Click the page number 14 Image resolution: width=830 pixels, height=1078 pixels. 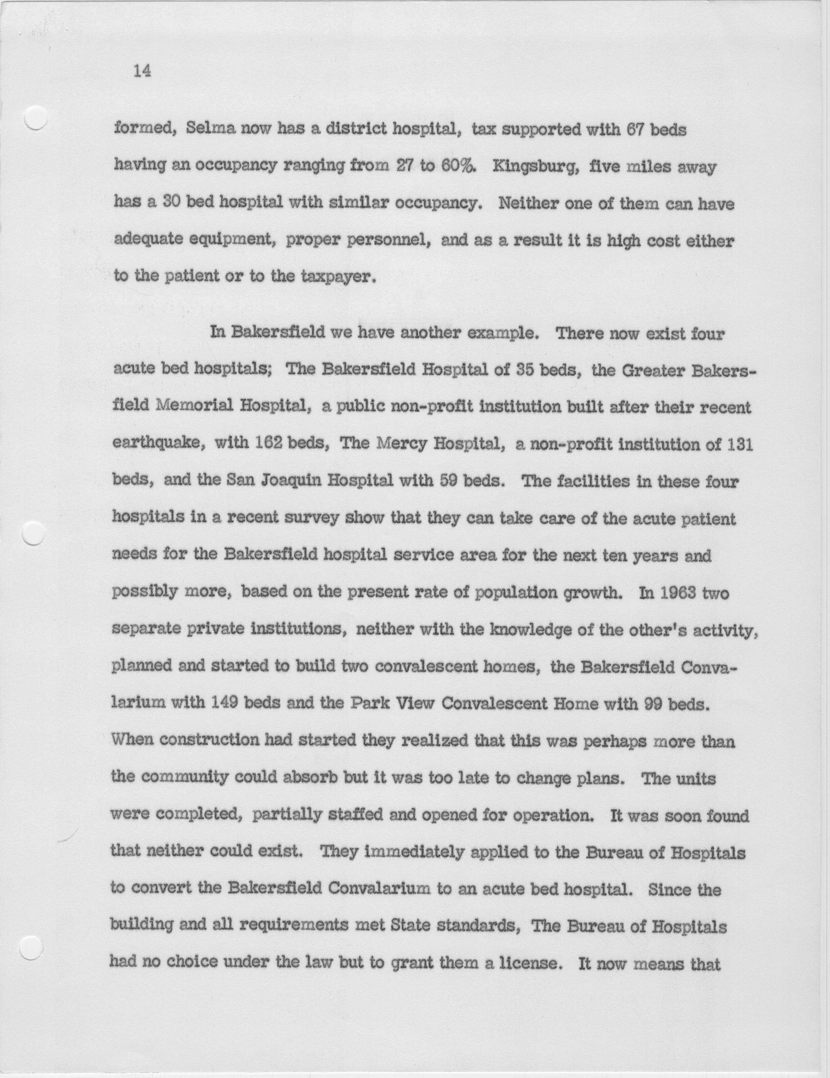142,72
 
